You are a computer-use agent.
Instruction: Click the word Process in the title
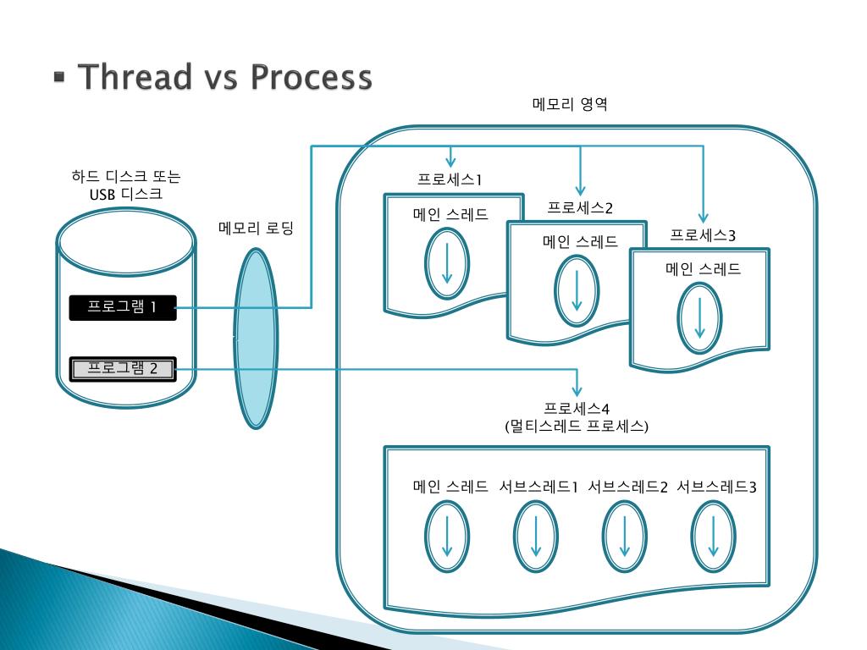point(311,77)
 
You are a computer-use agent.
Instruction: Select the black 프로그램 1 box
point(123,307)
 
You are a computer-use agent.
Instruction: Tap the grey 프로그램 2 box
point(123,368)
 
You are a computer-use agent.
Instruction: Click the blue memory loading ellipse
point(256,338)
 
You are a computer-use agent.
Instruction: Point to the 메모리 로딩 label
point(256,229)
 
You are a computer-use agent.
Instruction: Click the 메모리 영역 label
point(570,106)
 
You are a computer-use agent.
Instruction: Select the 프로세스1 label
point(450,179)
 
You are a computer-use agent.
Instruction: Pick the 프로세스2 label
point(579,207)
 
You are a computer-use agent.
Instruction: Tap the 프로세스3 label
point(703,235)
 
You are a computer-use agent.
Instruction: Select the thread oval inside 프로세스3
point(700,319)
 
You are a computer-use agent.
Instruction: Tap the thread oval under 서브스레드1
point(536,537)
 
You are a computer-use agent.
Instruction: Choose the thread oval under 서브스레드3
point(714,537)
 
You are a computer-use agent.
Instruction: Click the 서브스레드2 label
point(627,487)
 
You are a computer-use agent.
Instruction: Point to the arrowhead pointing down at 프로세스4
point(577,391)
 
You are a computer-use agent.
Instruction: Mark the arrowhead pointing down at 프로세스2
point(580,190)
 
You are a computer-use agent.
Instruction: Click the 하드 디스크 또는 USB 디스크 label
point(126,185)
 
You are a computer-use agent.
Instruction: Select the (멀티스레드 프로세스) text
point(576,426)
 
